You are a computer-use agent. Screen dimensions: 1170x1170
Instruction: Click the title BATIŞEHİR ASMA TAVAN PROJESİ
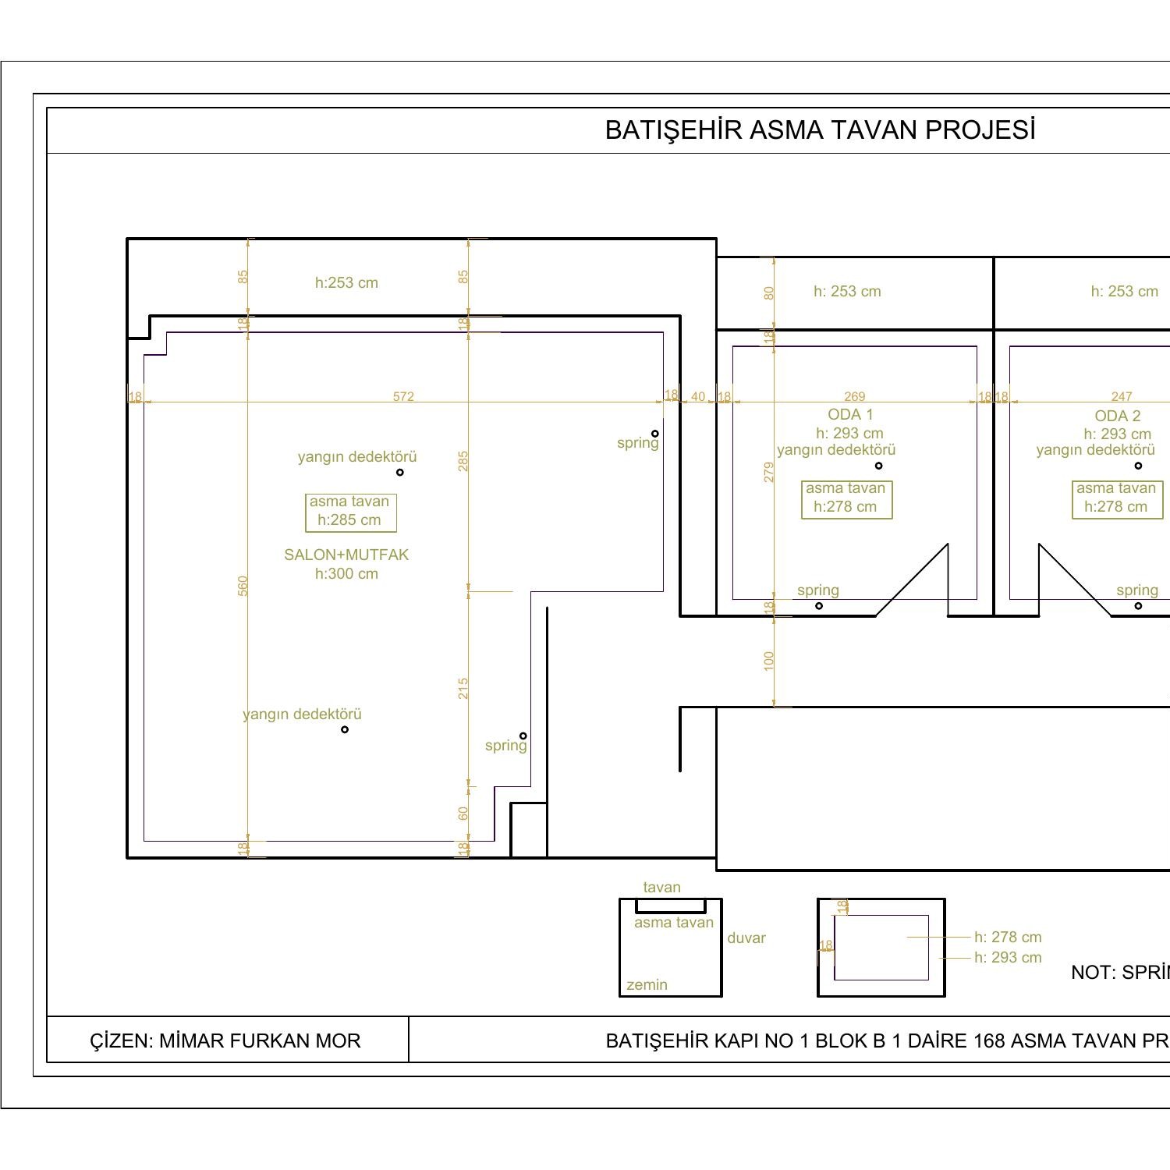tap(820, 130)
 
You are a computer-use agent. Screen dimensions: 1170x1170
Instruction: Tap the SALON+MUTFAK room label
tap(346, 555)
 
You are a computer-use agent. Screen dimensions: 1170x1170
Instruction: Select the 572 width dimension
tap(403, 396)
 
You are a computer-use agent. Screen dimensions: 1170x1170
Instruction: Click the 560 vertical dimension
tap(243, 587)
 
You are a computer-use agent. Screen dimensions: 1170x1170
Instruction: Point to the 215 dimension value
tap(463, 688)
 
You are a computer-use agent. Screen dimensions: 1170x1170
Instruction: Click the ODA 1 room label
tap(850, 415)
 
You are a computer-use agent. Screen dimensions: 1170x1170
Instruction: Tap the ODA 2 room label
tap(1117, 416)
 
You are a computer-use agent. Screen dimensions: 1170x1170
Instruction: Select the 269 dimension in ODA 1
tap(854, 396)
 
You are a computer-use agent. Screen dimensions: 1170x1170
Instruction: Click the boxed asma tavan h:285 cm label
tap(350, 512)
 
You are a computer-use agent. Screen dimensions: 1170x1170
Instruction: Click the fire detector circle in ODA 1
tap(878, 466)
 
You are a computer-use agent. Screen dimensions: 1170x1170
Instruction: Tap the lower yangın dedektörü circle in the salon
tap(345, 729)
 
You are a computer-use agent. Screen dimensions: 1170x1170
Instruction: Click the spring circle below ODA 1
tap(819, 606)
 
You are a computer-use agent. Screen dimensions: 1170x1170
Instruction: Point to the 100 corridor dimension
tap(769, 661)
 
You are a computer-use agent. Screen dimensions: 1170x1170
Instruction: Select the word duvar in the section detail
tap(746, 938)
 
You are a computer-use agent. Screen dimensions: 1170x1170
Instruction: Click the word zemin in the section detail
tap(647, 985)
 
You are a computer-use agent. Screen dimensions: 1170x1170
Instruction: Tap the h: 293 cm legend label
tap(1008, 958)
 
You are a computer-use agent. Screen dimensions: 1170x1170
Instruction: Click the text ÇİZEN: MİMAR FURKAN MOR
tap(225, 1041)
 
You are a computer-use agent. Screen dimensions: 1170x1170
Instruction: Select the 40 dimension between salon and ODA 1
tap(698, 396)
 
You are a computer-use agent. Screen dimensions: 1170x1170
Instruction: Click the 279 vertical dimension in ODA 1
tap(769, 472)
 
